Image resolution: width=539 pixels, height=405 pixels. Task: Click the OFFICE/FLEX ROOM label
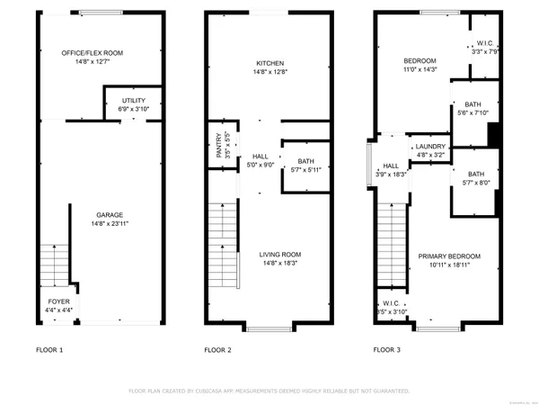click(93, 53)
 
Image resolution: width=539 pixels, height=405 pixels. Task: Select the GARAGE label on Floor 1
click(110, 215)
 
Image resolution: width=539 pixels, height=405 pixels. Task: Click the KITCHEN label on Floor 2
click(269, 63)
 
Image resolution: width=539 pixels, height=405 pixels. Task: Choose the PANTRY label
click(219, 145)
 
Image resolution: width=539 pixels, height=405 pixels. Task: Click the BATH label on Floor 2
click(305, 161)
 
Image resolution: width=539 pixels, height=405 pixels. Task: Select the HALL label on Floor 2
click(260, 156)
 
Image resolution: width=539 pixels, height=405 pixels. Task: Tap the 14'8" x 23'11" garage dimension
click(110, 224)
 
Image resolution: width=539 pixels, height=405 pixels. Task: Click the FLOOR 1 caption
click(49, 349)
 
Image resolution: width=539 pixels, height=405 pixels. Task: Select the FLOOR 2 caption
click(217, 349)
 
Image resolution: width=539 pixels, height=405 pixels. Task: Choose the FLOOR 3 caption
click(387, 349)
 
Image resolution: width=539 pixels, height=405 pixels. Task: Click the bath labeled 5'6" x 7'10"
click(473, 108)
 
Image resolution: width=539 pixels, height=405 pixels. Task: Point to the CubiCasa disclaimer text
click(269, 391)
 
